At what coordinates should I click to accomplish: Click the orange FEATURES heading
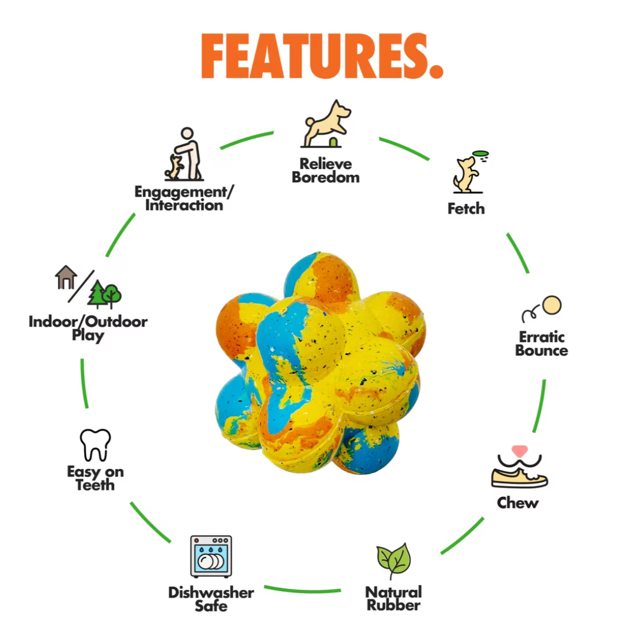pyautogui.click(x=322, y=56)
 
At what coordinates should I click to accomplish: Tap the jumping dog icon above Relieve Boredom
pyautogui.click(x=326, y=124)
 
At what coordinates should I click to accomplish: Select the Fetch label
pyautogui.click(x=466, y=208)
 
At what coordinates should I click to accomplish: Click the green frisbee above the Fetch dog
pyautogui.click(x=480, y=154)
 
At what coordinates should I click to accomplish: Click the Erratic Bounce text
pyautogui.click(x=541, y=344)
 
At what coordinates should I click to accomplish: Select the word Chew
pyautogui.click(x=517, y=503)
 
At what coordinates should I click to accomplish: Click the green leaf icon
pyautogui.click(x=394, y=560)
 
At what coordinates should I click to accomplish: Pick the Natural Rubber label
pyautogui.click(x=394, y=598)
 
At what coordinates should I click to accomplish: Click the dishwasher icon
pyautogui.click(x=211, y=556)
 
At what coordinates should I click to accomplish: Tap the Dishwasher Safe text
pyautogui.click(x=211, y=599)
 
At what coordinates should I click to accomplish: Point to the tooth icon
pyautogui.click(x=95, y=445)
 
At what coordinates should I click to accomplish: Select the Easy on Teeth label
pyautogui.click(x=95, y=478)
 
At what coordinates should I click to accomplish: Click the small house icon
pyautogui.click(x=66, y=278)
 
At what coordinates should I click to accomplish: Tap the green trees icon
pyautogui.click(x=105, y=294)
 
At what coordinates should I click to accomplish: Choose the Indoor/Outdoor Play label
pyautogui.click(x=88, y=328)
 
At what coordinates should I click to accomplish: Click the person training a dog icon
pyautogui.click(x=184, y=154)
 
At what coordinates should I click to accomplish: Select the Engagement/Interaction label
pyautogui.click(x=184, y=198)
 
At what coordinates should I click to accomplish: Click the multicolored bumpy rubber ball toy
pyautogui.click(x=320, y=363)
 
